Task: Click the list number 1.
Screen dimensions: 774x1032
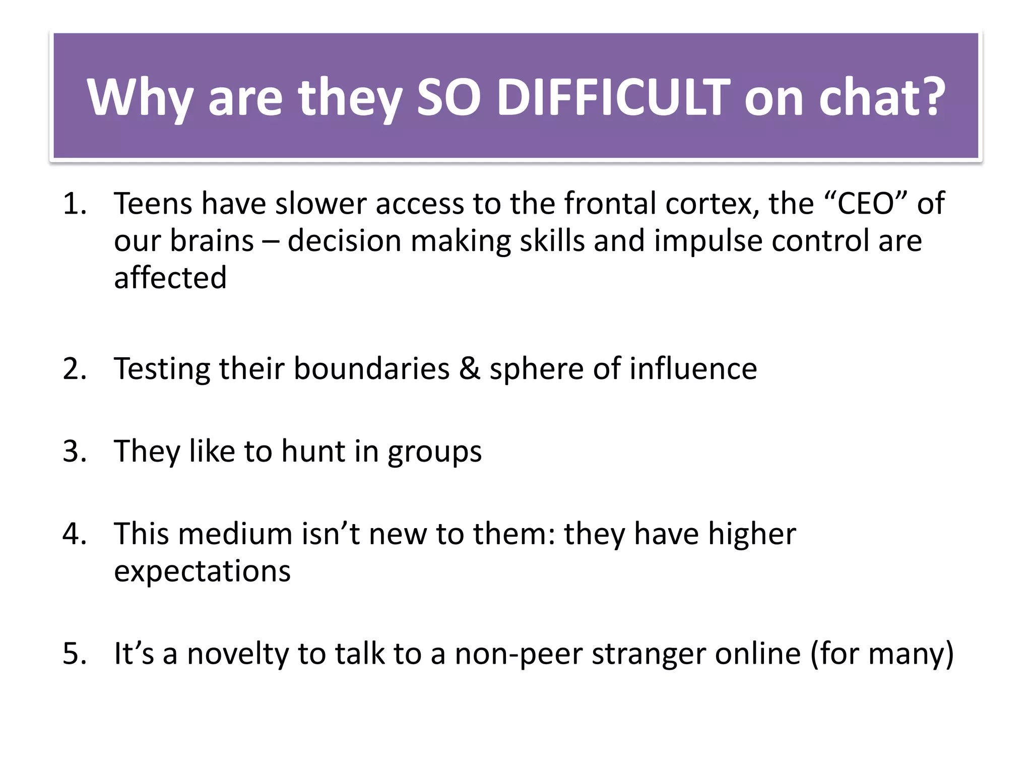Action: coord(74,204)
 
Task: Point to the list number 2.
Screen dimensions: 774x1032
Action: coord(75,369)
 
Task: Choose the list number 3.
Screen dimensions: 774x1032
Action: coord(75,451)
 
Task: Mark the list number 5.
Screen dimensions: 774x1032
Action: coord(75,654)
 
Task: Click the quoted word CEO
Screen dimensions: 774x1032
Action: coord(866,204)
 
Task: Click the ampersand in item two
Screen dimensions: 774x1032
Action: coord(470,369)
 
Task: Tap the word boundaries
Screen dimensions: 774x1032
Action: coord(371,369)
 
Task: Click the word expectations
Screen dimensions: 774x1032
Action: coord(202,572)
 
